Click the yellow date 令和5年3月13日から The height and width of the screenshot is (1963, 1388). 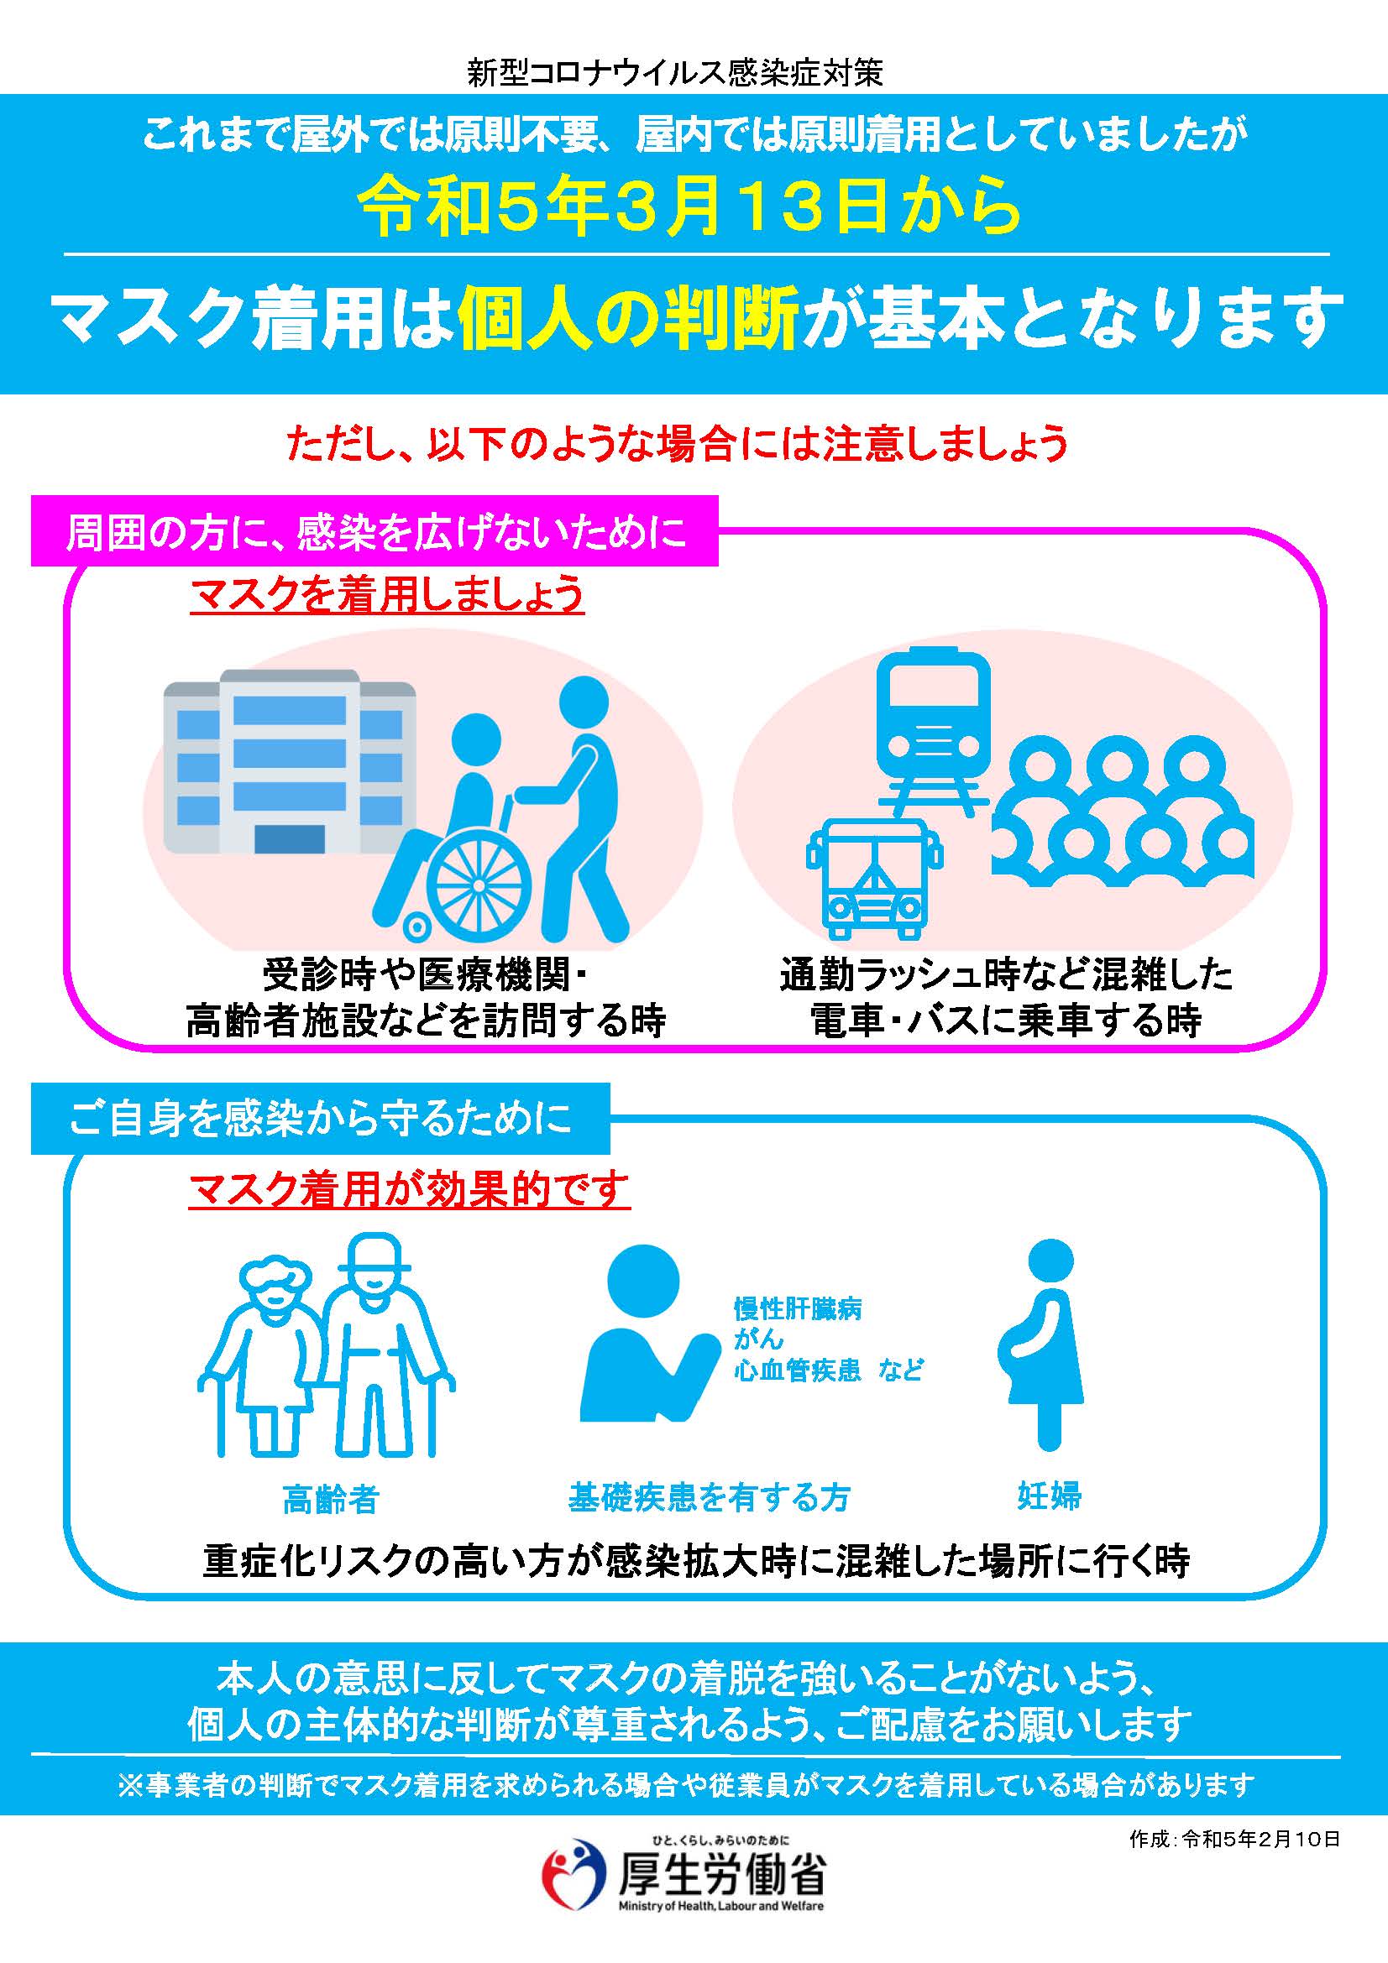click(x=690, y=211)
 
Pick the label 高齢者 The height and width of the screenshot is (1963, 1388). click(x=330, y=1501)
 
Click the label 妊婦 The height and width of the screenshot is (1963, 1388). click(x=1050, y=1496)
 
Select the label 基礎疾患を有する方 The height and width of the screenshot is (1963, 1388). click(x=709, y=1497)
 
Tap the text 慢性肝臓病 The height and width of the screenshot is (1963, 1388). click(x=797, y=1309)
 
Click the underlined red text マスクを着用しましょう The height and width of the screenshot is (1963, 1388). click(x=386, y=595)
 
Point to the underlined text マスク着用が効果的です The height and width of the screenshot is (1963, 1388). click(x=409, y=1189)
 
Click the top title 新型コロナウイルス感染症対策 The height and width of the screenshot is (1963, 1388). click(x=675, y=75)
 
